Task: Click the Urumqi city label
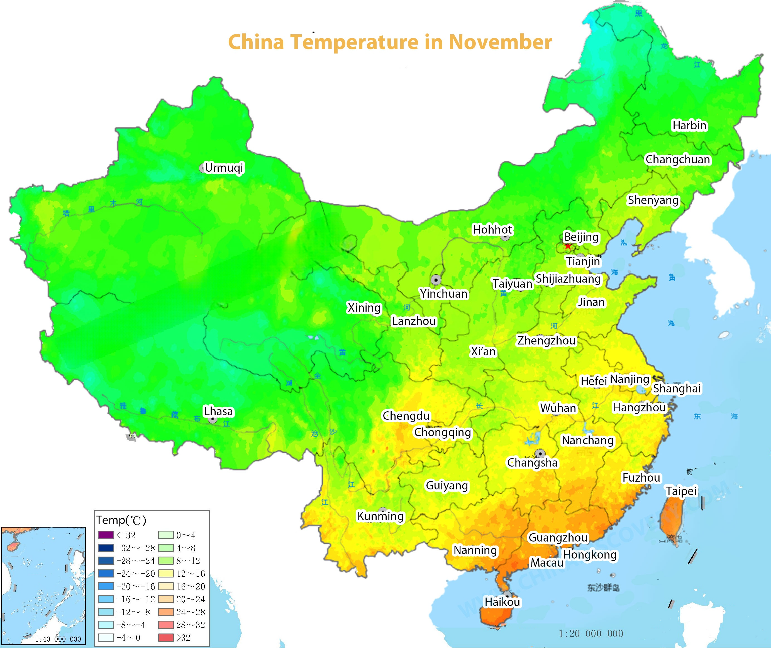click(x=224, y=168)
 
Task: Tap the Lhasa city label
click(x=218, y=411)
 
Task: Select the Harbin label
click(x=689, y=125)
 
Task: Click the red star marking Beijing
click(x=568, y=246)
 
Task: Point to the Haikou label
click(x=502, y=602)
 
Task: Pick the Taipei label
click(x=681, y=491)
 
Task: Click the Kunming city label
click(x=380, y=516)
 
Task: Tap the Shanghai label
click(x=677, y=388)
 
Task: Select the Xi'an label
click(x=483, y=351)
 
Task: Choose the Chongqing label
click(x=442, y=432)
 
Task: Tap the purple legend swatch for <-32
click(x=106, y=535)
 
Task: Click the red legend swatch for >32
click(x=165, y=637)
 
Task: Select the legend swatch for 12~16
click(x=165, y=573)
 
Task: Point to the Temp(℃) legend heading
click(x=121, y=520)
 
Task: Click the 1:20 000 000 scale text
click(x=591, y=633)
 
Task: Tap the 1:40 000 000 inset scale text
click(x=58, y=639)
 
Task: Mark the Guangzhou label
click(x=558, y=537)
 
